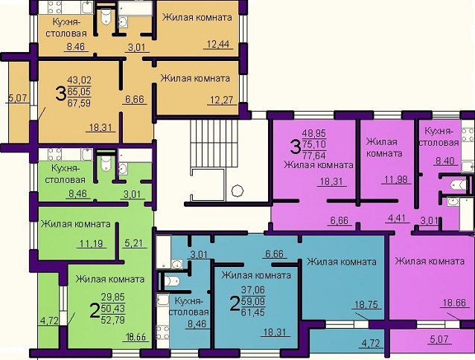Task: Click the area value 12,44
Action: click(x=218, y=45)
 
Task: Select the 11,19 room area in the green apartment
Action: click(x=92, y=243)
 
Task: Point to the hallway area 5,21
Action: click(x=133, y=242)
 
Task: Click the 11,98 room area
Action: click(x=396, y=179)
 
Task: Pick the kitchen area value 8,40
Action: click(x=445, y=161)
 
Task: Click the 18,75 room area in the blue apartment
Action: click(x=366, y=304)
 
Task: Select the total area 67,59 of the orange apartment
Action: click(x=79, y=103)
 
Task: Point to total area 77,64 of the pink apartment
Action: click(x=314, y=155)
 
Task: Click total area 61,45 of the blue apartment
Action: click(x=253, y=312)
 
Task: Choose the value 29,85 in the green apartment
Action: click(x=112, y=297)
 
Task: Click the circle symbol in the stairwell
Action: click(x=238, y=190)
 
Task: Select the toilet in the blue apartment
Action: click(x=171, y=281)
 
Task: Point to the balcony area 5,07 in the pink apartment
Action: click(x=439, y=339)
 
